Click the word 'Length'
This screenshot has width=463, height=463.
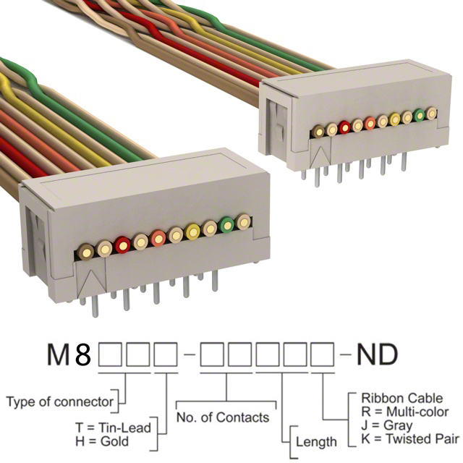315,441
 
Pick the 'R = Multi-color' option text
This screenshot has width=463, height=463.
403,412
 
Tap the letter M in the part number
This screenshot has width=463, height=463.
61,356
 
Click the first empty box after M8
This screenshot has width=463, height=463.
111,356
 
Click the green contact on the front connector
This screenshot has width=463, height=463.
227,225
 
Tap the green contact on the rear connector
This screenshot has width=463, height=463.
419,114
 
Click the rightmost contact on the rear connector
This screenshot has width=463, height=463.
431,112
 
